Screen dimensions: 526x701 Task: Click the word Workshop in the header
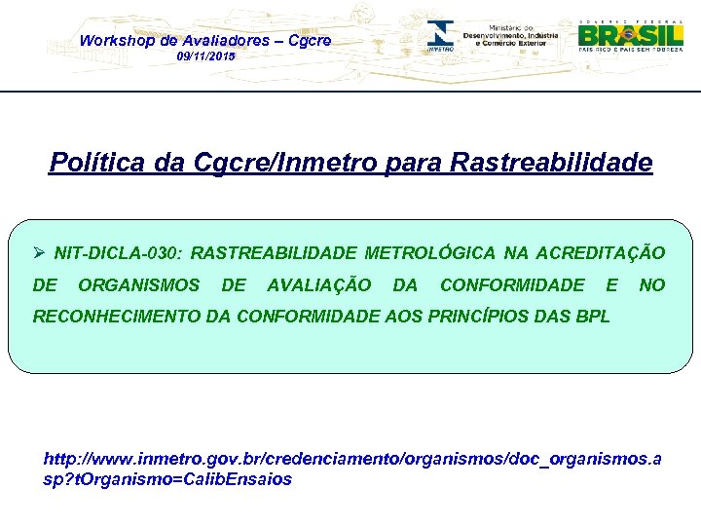115,41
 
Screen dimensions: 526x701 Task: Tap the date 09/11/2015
205,58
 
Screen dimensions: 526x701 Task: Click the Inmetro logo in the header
441,35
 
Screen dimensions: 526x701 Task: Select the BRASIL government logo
630,35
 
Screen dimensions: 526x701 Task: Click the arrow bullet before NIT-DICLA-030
40,253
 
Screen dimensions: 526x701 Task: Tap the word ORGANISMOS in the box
138,284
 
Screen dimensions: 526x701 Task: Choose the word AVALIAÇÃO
318,284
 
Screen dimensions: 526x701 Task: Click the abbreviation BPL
593,316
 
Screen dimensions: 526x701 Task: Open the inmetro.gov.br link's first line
352,458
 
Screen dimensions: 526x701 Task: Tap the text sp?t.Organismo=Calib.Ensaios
167,479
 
